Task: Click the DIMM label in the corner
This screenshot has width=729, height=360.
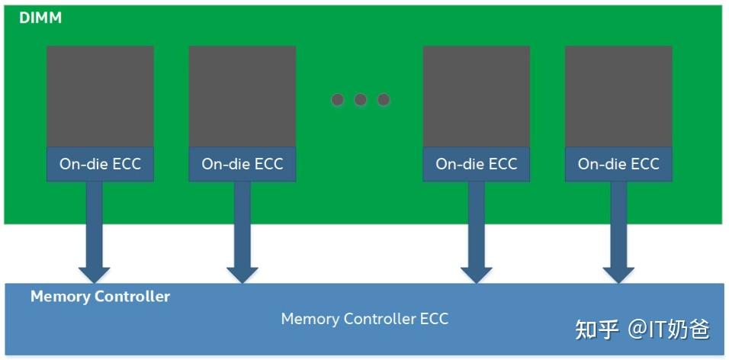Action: coord(40,18)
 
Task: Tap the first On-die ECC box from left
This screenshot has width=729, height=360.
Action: coord(100,164)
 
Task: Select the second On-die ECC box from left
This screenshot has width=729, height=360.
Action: coord(242,164)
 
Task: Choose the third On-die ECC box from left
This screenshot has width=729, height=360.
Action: coord(476,164)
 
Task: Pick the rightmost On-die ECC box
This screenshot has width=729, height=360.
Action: coord(618,164)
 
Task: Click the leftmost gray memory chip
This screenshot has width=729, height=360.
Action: coord(100,96)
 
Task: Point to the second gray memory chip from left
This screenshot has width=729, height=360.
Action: coord(242,96)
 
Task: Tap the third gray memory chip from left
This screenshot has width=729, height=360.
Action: coord(476,96)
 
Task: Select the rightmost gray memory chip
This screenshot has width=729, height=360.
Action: coord(618,96)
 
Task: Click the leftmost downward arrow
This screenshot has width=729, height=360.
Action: coord(94,233)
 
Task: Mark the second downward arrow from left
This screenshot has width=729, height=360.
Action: coord(242,233)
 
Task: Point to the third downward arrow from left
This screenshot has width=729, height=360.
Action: coord(477,233)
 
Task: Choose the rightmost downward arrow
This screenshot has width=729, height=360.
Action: coord(618,233)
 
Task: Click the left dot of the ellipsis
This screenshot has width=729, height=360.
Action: coord(338,100)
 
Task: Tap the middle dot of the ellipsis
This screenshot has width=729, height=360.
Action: coord(361,100)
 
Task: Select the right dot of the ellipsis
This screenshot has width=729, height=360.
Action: coord(384,100)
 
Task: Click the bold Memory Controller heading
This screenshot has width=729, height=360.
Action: coord(100,297)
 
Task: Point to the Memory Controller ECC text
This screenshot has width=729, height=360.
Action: coord(364,319)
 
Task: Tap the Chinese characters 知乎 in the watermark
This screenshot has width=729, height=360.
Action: coord(596,329)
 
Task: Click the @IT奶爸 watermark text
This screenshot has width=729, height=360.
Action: coord(669,329)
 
